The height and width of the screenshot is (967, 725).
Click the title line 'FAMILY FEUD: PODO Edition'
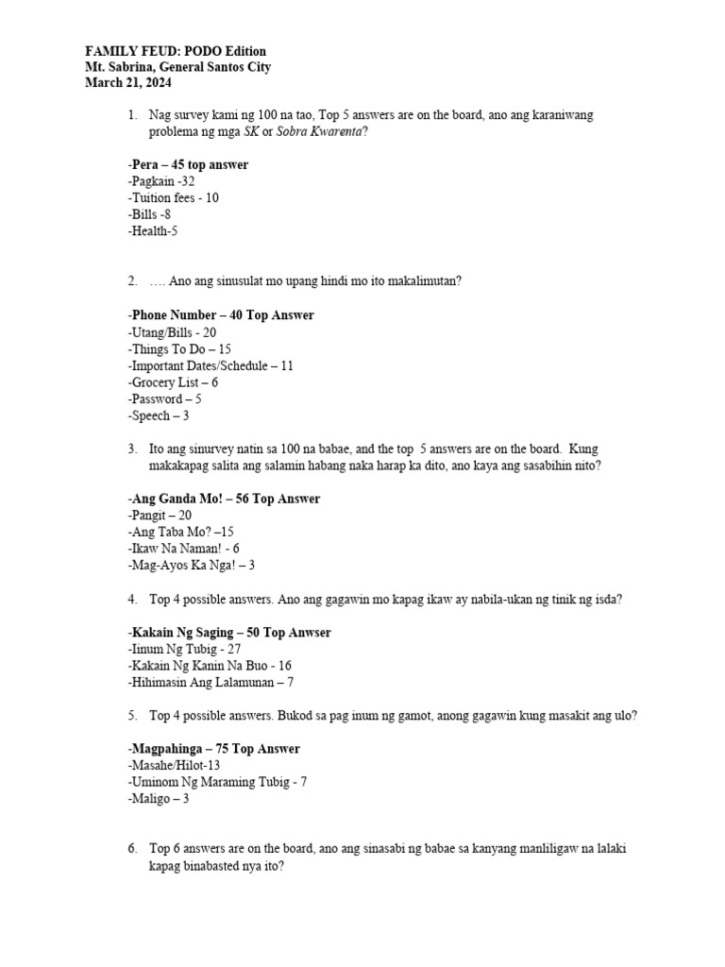coord(176,51)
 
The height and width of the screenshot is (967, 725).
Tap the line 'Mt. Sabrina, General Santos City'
coord(178,68)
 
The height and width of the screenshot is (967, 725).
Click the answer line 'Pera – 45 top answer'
coord(188,164)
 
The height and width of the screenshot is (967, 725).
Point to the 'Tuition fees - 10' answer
coord(173,198)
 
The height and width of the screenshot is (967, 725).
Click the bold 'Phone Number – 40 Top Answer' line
coord(220,315)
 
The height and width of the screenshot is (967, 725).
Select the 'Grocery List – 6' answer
coord(173,382)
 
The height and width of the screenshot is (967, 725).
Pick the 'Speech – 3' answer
coord(158,416)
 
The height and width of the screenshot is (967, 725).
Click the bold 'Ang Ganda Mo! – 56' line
coord(223,499)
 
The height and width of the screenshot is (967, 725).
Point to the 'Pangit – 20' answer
coord(159,516)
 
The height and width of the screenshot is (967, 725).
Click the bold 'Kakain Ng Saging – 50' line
coord(228,632)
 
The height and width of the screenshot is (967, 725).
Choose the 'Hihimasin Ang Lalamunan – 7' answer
coord(210,683)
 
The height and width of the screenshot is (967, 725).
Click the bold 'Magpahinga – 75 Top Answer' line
coord(213,749)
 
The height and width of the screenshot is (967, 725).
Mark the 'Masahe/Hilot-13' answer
coord(173,766)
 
